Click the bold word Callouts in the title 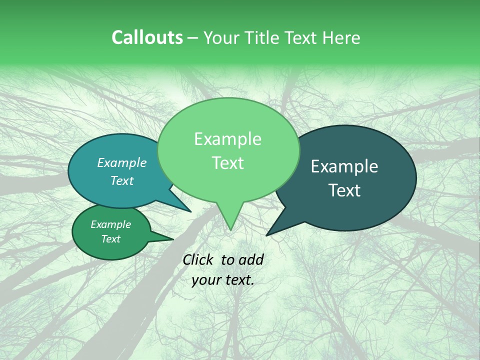[147, 37]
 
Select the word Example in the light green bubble [227, 139]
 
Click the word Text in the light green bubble [227, 162]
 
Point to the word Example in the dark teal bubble [344, 166]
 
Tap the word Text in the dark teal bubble [344, 190]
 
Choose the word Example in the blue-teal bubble [122, 162]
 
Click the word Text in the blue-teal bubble [122, 180]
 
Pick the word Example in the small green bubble [110, 224]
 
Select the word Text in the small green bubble [110, 239]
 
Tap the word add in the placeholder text [251, 259]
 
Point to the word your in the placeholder [205, 280]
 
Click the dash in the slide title [193, 37]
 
